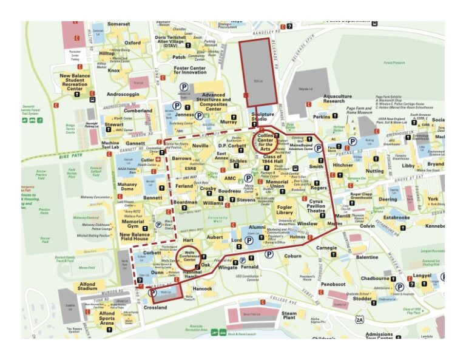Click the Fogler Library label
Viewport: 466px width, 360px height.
tap(285, 209)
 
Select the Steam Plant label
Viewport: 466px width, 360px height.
tap(289, 316)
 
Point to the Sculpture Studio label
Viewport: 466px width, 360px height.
tap(263, 117)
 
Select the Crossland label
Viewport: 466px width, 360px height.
tap(156, 308)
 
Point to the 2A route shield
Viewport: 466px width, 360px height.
tap(360, 320)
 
